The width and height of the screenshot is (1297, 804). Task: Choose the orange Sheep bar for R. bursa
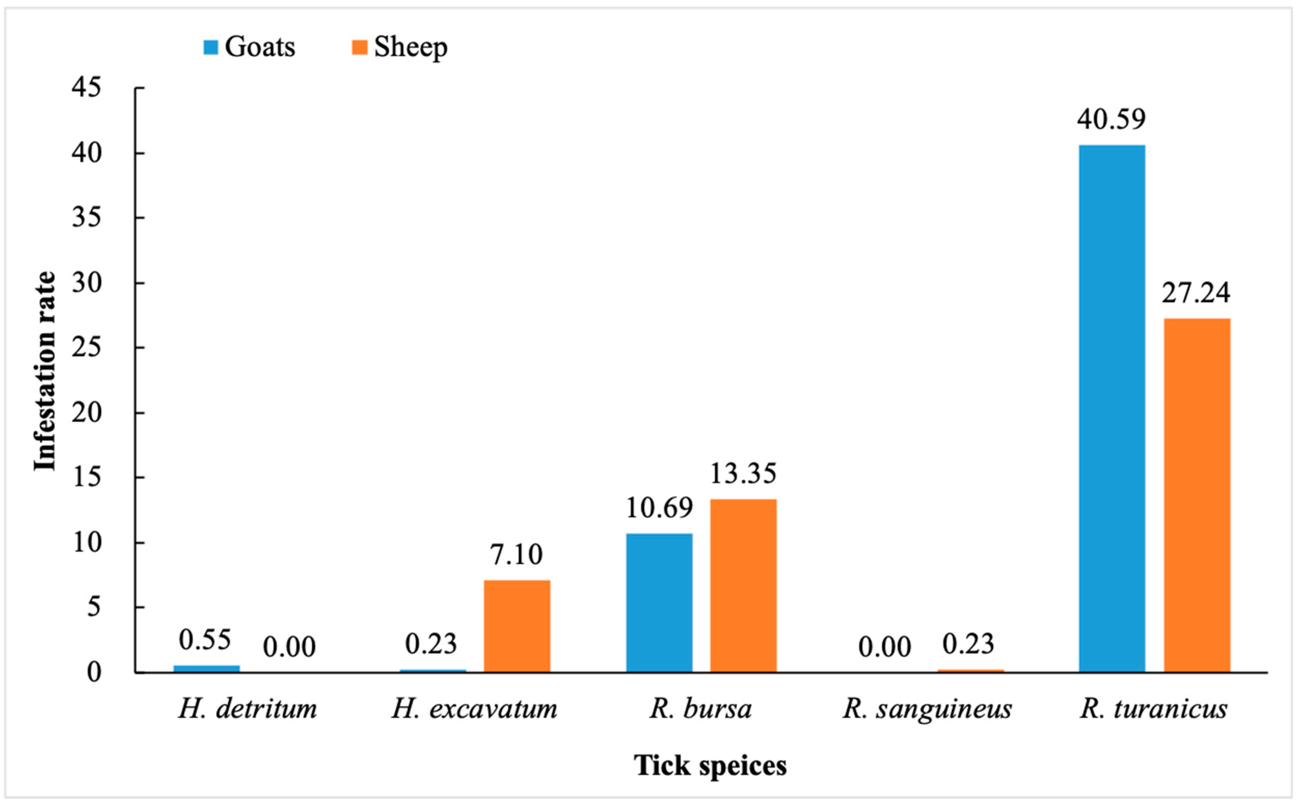point(744,586)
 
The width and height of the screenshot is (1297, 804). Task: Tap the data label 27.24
point(1196,293)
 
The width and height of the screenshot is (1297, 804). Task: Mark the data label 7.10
point(516,555)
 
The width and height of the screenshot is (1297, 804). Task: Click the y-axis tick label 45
point(86,88)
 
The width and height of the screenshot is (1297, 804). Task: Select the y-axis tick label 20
point(86,413)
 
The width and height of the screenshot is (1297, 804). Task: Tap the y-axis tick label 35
point(86,218)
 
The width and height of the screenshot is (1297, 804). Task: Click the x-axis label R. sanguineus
point(927,709)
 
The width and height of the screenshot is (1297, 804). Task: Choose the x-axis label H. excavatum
point(474,709)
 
